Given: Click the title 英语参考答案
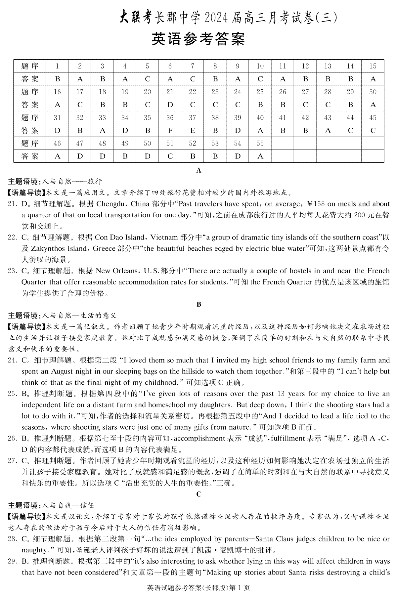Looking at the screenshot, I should (x=198, y=39).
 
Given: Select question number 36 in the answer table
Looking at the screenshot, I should (x=170, y=118).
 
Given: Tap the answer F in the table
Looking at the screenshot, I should (x=170, y=131).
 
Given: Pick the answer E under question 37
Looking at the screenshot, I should (x=193, y=131).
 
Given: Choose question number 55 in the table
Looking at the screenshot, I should (x=260, y=144).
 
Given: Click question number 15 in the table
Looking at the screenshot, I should (x=373, y=66).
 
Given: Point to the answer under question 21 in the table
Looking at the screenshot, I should (x=170, y=105).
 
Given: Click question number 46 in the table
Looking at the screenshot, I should (x=57, y=144).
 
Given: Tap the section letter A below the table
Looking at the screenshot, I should (x=198, y=171).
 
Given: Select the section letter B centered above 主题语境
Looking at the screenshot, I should (x=198, y=304).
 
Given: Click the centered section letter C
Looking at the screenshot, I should (x=198, y=494).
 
